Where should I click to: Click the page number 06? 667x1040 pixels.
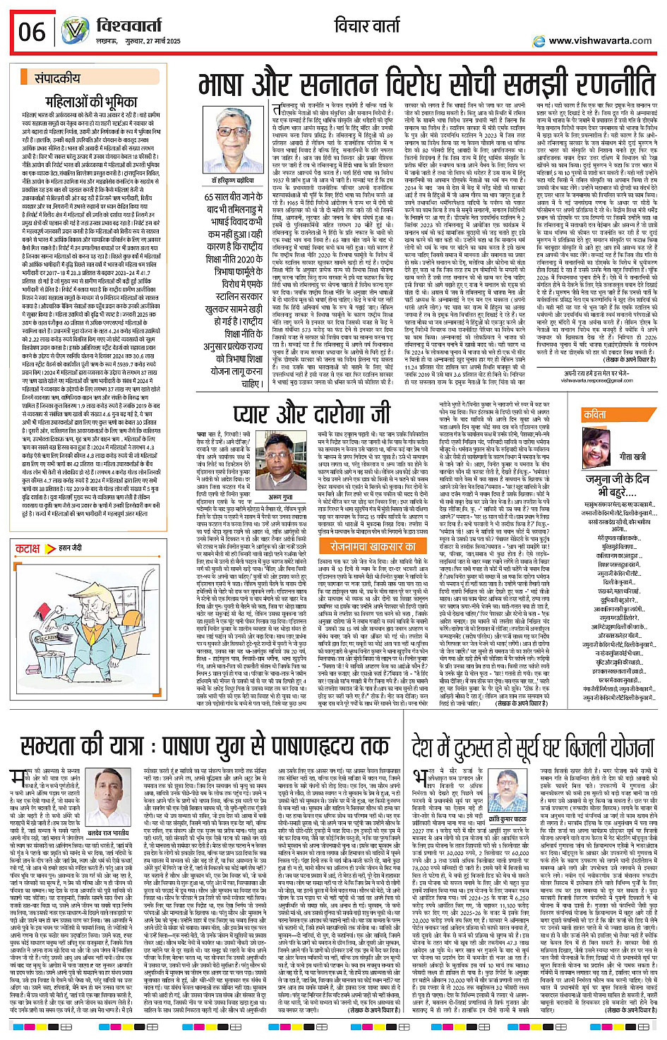pyautogui.click(x=32, y=32)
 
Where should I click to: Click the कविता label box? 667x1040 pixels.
pyautogui.click(x=596, y=416)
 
